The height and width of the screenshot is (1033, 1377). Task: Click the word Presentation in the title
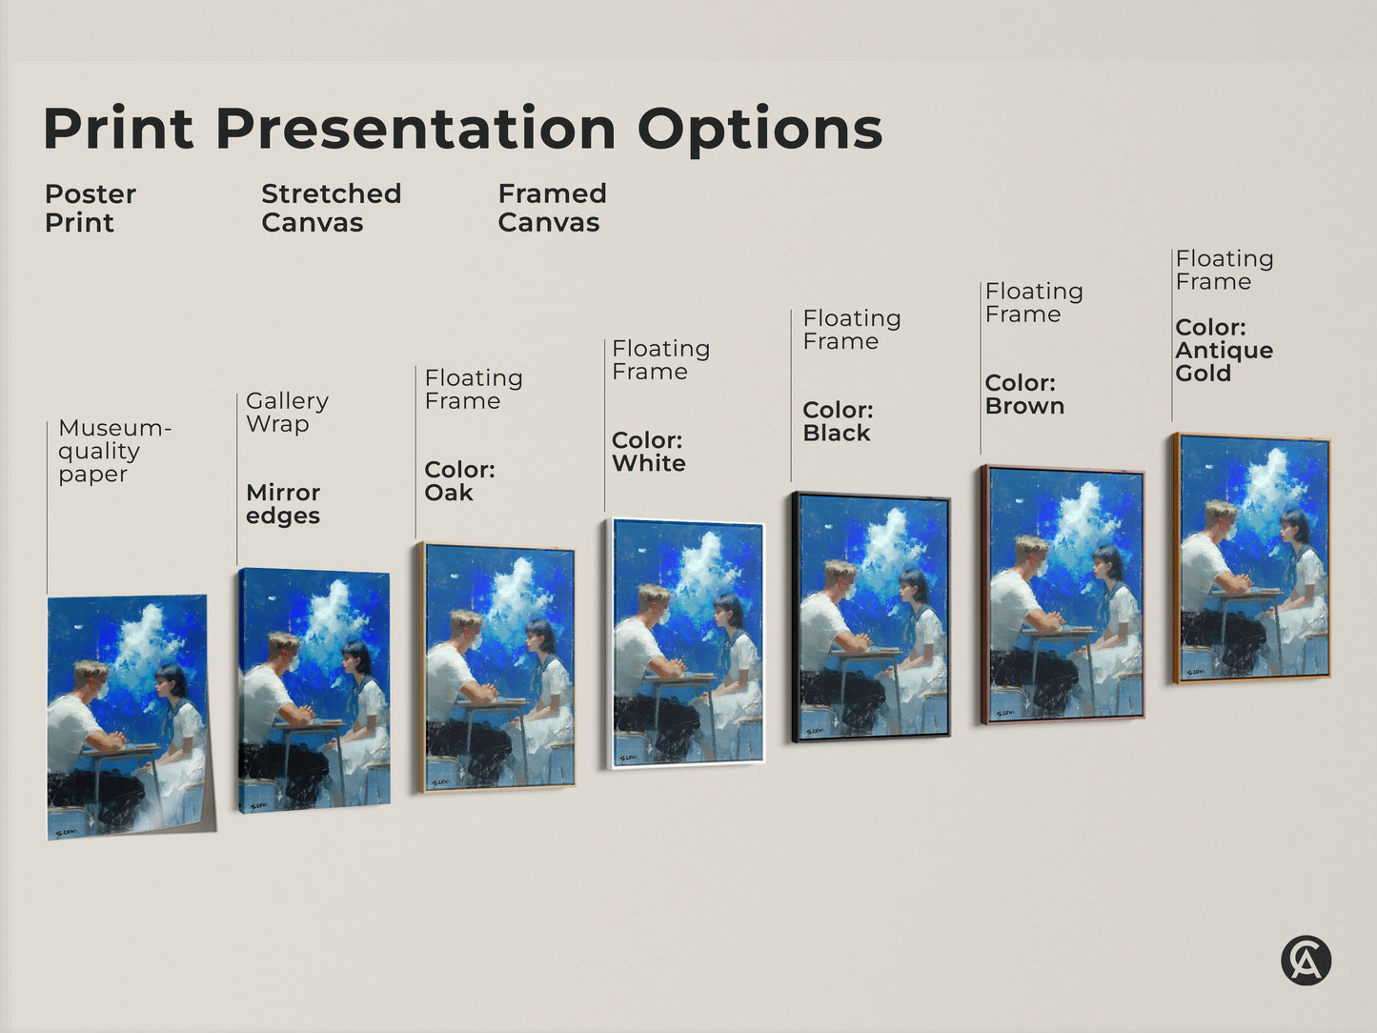click(x=415, y=129)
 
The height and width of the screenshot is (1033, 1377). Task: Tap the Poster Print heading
click(x=90, y=208)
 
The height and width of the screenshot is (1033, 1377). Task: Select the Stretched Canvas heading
click(x=331, y=208)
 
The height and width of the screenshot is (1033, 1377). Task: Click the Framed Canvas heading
click(x=552, y=208)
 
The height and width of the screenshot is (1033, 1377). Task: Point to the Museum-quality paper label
click(x=113, y=451)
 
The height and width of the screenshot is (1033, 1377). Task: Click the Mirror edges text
click(x=283, y=504)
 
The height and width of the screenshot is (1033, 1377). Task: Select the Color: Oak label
click(x=459, y=481)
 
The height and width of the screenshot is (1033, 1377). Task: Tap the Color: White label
click(x=648, y=452)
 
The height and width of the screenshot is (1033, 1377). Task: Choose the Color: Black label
click(x=838, y=421)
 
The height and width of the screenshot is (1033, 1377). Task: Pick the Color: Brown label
click(x=1024, y=395)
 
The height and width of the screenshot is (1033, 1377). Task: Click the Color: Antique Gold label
click(x=1224, y=351)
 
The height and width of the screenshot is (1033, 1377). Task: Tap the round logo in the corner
click(x=1306, y=960)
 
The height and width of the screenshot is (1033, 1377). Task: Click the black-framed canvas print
click(x=871, y=618)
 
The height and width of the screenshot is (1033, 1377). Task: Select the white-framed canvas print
click(x=687, y=643)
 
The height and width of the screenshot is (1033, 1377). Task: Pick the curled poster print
click(x=128, y=717)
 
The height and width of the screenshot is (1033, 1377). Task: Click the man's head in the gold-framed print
click(x=1220, y=519)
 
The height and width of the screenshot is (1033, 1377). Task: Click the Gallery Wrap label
click(x=287, y=413)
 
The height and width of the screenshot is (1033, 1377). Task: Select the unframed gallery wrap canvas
click(x=314, y=690)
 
